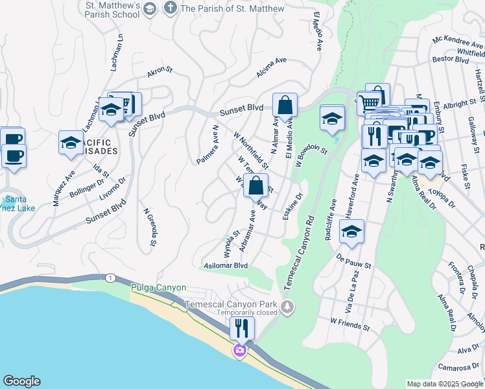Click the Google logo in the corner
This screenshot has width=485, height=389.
tap(21, 381)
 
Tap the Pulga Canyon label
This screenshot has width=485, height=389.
tap(158, 287)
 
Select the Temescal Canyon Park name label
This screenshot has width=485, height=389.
tap(231, 304)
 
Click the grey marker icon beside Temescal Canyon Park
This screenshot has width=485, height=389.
tap(287, 306)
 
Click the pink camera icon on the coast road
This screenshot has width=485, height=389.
tap(240, 351)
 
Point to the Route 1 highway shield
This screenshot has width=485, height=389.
tap(110, 277)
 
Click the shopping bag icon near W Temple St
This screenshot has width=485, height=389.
tap(256, 185)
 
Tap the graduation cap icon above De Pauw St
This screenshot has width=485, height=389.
tap(351, 231)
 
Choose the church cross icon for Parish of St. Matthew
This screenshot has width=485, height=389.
tap(170, 8)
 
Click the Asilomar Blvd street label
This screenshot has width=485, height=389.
tap(226, 265)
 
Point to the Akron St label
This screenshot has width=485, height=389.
tap(160, 72)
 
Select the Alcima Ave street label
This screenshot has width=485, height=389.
tap(271, 68)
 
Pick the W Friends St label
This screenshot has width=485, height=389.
tap(349, 321)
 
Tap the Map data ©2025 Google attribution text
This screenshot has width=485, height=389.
tap(445, 384)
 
